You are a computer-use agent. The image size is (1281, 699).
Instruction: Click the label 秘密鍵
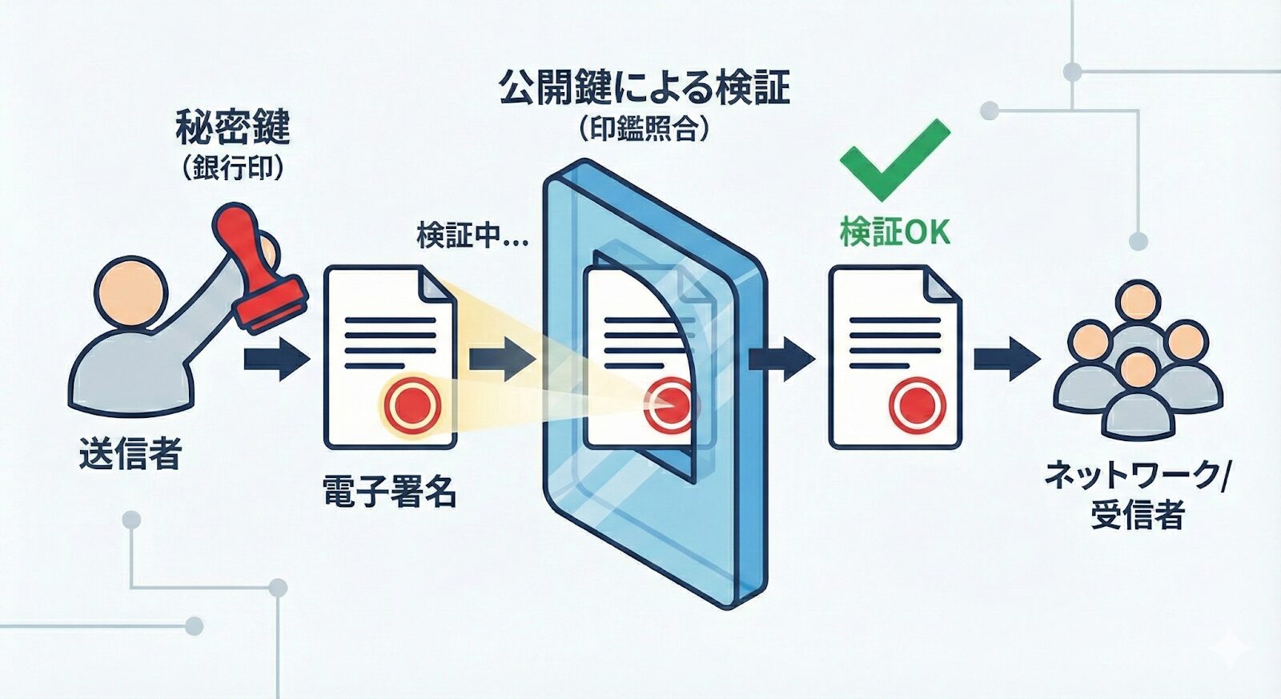coord(232,127)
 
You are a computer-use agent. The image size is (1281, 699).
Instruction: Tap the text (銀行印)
coord(232,169)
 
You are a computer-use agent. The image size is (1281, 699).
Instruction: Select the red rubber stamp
coord(256,268)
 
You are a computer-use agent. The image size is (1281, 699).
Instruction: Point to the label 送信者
coord(131,454)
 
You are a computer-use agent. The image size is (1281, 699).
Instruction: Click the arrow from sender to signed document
coord(275,358)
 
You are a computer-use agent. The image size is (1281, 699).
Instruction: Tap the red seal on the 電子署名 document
coord(412,404)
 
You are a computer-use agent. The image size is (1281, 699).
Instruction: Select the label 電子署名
coord(390,492)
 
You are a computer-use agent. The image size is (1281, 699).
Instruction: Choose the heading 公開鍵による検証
coord(645,87)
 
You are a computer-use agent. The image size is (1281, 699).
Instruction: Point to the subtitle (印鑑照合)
coord(645,129)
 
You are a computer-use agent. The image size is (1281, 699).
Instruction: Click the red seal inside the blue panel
coord(670,403)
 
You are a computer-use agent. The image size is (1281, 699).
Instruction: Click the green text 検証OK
coord(895,232)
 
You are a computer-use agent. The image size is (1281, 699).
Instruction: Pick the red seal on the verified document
coord(918,404)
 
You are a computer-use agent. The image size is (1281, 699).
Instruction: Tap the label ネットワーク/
coord(1137,476)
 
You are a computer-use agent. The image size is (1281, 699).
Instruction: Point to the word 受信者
coord(1137,515)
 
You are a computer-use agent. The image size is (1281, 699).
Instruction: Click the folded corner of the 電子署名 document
coord(437,286)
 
